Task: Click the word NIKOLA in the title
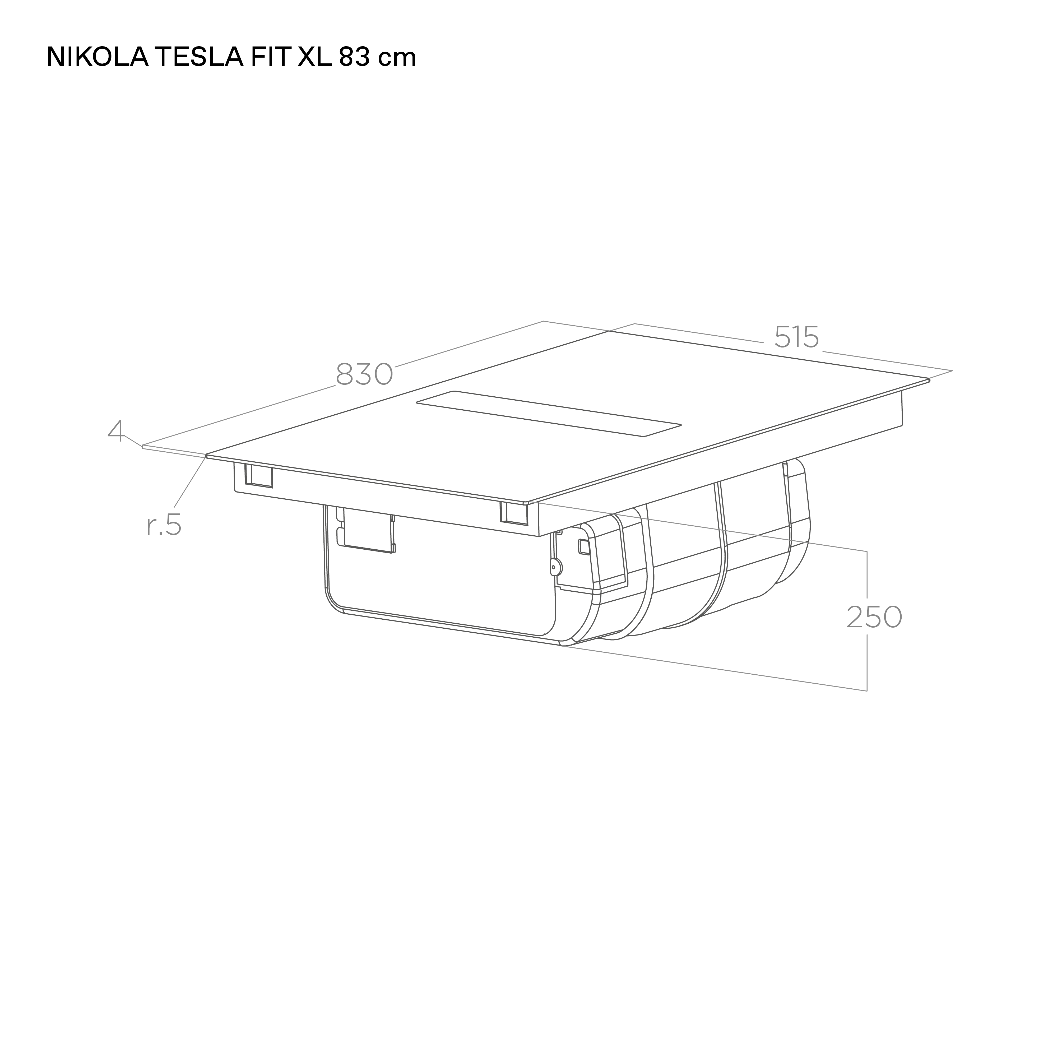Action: (x=97, y=57)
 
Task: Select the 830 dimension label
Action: (x=364, y=374)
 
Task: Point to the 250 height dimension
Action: (x=874, y=617)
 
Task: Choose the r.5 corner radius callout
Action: (x=164, y=525)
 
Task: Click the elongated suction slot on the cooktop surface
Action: (x=549, y=414)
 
